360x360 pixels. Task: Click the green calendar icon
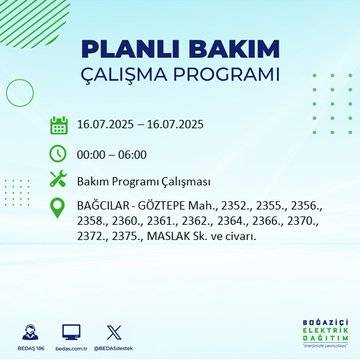(x=58, y=126)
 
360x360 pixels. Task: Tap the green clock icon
(x=58, y=153)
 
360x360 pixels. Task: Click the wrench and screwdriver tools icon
(x=58, y=180)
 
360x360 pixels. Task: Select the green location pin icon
(x=58, y=207)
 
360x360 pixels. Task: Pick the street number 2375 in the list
(x=127, y=236)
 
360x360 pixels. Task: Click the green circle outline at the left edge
(x=18, y=93)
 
